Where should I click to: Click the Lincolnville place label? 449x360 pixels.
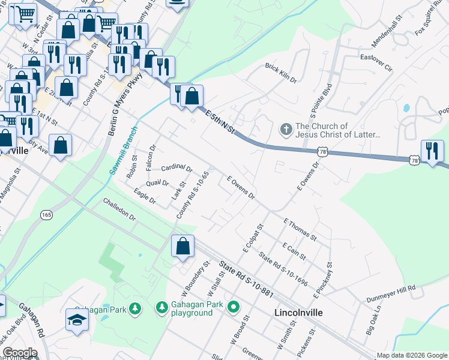coord(298,313)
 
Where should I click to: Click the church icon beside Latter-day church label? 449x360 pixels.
coord(286,130)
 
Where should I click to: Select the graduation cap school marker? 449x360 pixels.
coord(77,320)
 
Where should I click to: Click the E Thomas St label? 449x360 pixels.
coord(298,230)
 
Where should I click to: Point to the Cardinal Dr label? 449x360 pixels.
coord(176,167)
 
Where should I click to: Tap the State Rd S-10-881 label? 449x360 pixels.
coord(246,280)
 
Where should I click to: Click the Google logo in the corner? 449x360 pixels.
coord(20,352)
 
